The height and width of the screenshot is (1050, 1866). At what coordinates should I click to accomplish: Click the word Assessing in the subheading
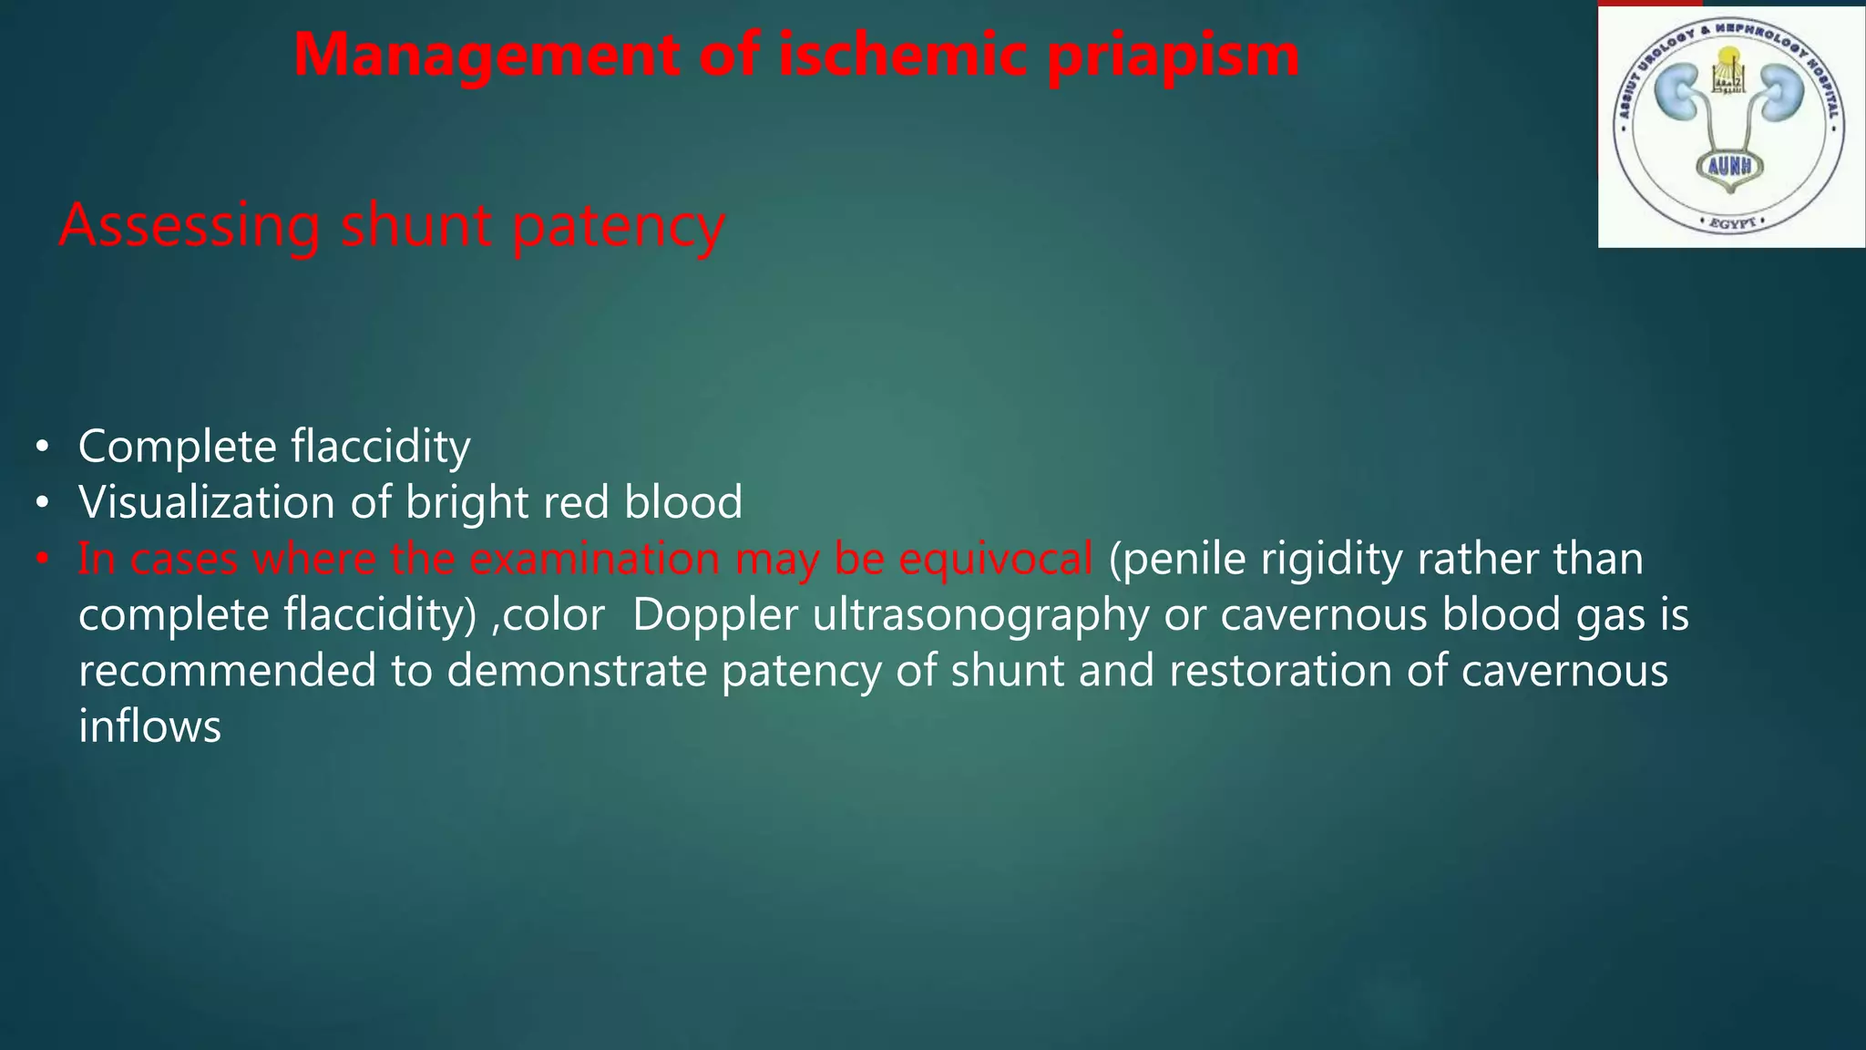coord(190,225)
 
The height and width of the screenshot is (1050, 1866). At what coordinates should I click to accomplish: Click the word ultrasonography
coord(980,616)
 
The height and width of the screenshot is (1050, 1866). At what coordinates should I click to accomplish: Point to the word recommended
coord(227,671)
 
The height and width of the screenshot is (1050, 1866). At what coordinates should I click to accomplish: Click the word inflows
coord(150,726)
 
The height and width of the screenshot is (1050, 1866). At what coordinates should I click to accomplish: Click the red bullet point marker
coord(41,559)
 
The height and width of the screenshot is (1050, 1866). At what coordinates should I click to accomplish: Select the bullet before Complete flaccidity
coord(41,448)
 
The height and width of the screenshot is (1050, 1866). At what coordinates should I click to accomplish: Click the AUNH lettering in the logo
coord(1730,167)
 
